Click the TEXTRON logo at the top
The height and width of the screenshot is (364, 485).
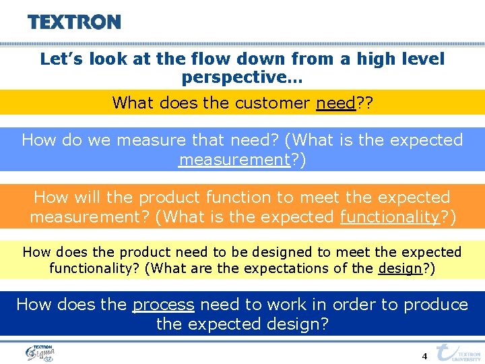[74, 22]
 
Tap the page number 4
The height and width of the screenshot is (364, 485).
[424, 355]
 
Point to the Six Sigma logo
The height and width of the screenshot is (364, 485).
[40, 353]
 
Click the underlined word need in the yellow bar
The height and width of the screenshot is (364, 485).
[335, 102]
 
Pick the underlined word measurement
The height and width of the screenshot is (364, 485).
[233, 160]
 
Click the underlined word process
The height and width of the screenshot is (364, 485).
[163, 304]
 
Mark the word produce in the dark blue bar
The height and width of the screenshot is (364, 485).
[434, 304]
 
